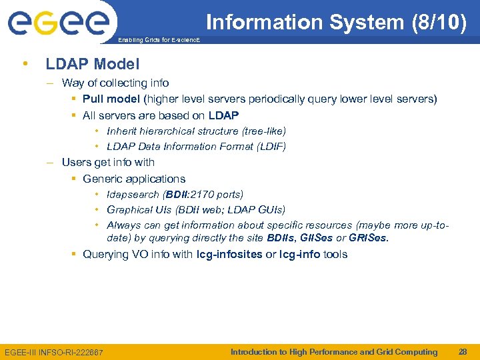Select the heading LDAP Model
(92, 64)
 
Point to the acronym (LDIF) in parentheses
(270, 147)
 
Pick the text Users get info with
(108, 163)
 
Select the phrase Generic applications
(134, 179)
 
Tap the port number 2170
(203, 195)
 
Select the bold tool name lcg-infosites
(229, 255)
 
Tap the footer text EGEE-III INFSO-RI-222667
(54, 352)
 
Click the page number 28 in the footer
(462, 351)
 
